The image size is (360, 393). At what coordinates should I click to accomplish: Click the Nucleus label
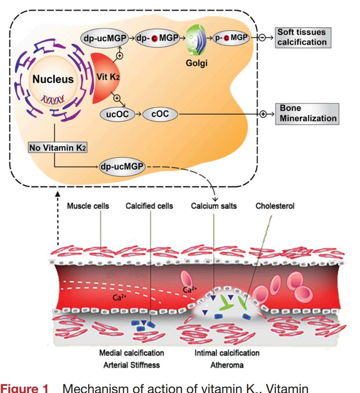[x=53, y=80]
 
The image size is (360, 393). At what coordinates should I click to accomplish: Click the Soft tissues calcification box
[x=302, y=37]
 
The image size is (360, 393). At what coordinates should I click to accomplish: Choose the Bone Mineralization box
[x=307, y=114]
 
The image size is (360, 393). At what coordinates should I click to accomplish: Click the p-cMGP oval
[x=232, y=38]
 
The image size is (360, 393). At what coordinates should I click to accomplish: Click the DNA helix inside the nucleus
[x=54, y=99]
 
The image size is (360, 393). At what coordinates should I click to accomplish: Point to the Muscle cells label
[x=88, y=206]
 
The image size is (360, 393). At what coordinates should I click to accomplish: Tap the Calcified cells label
[x=149, y=206]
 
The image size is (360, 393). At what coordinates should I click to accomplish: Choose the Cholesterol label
[x=275, y=206]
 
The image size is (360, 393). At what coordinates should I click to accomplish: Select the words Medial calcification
[x=132, y=353]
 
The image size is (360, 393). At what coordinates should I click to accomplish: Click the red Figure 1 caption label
[x=24, y=389]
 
